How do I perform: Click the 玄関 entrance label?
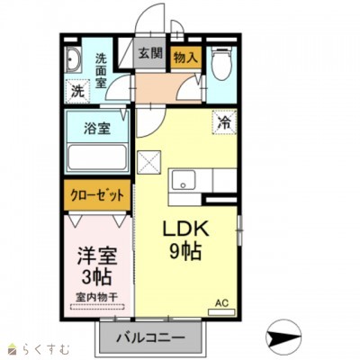coord(150,53)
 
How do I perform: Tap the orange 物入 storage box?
coord(185,58)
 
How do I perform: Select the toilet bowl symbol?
coord(220,64)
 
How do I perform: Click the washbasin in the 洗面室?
coord(73,59)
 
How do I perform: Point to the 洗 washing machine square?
coord(77,91)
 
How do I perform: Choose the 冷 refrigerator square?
coord(224,121)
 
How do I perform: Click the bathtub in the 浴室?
coord(97,157)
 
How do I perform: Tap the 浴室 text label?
coord(97,129)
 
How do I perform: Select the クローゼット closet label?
coord(97,195)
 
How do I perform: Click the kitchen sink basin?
coord(184,180)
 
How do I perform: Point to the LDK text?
coord(185,229)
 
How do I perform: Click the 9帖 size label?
coord(185,250)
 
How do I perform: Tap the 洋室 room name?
coord(97,256)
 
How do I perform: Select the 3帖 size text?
coord(97,276)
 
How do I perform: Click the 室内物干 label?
coord(96,297)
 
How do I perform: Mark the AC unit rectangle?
coord(221,312)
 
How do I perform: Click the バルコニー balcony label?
coord(150,338)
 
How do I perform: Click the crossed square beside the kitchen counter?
coord(149,162)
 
